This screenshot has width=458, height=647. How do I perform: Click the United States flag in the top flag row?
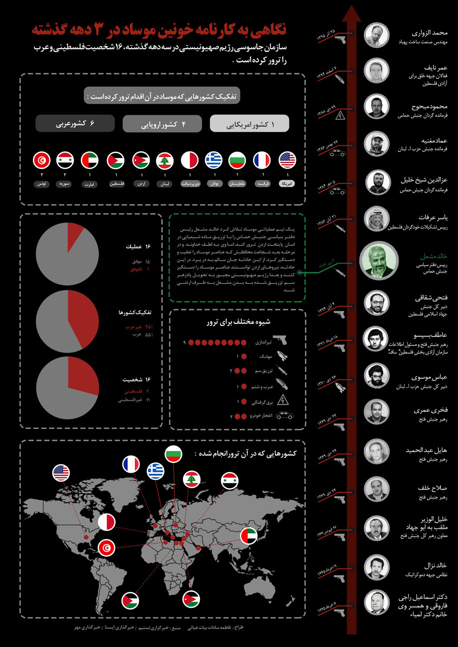tap(288, 160)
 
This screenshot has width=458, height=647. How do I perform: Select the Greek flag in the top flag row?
tap(213, 160)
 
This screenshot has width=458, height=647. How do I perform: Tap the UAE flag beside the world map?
tap(249, 536)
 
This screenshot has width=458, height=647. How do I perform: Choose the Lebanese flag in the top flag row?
tap(164, 160)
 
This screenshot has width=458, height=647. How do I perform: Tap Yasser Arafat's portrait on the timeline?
tap(377, 218)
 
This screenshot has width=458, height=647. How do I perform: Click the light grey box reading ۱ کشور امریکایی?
tap(250, 123)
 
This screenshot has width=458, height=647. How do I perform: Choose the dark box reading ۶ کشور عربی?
tap(75, 123)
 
